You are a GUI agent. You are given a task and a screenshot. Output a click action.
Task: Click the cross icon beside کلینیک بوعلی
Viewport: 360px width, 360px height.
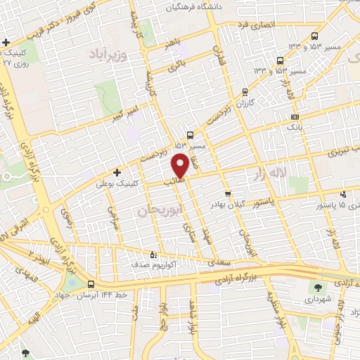[117, 172]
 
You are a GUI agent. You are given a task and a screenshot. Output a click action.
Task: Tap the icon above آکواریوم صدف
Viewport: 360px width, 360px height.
[154, 255]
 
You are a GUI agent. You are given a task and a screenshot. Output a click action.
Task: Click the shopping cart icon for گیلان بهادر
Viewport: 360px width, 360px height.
[227, 194]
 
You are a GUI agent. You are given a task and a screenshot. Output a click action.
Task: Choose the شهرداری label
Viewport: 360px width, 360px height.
[317, 297]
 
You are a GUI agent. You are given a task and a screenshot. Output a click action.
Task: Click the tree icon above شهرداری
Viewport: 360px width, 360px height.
[317, 286]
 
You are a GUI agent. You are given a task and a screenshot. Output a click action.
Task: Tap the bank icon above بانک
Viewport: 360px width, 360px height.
[295, 117]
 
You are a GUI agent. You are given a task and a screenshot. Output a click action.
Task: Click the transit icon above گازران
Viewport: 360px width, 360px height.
[245, 91]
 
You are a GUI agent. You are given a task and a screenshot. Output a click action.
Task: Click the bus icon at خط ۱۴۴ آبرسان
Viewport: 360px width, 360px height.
[91, 285]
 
